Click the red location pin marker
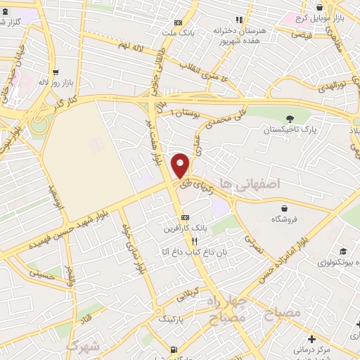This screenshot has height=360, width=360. click(x=181, y=165)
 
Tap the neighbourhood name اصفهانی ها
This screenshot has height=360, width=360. click(x=250, y=183)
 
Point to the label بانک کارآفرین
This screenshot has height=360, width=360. click(x=185, y=227)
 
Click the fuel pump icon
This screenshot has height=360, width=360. click(x=174, y=349)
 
